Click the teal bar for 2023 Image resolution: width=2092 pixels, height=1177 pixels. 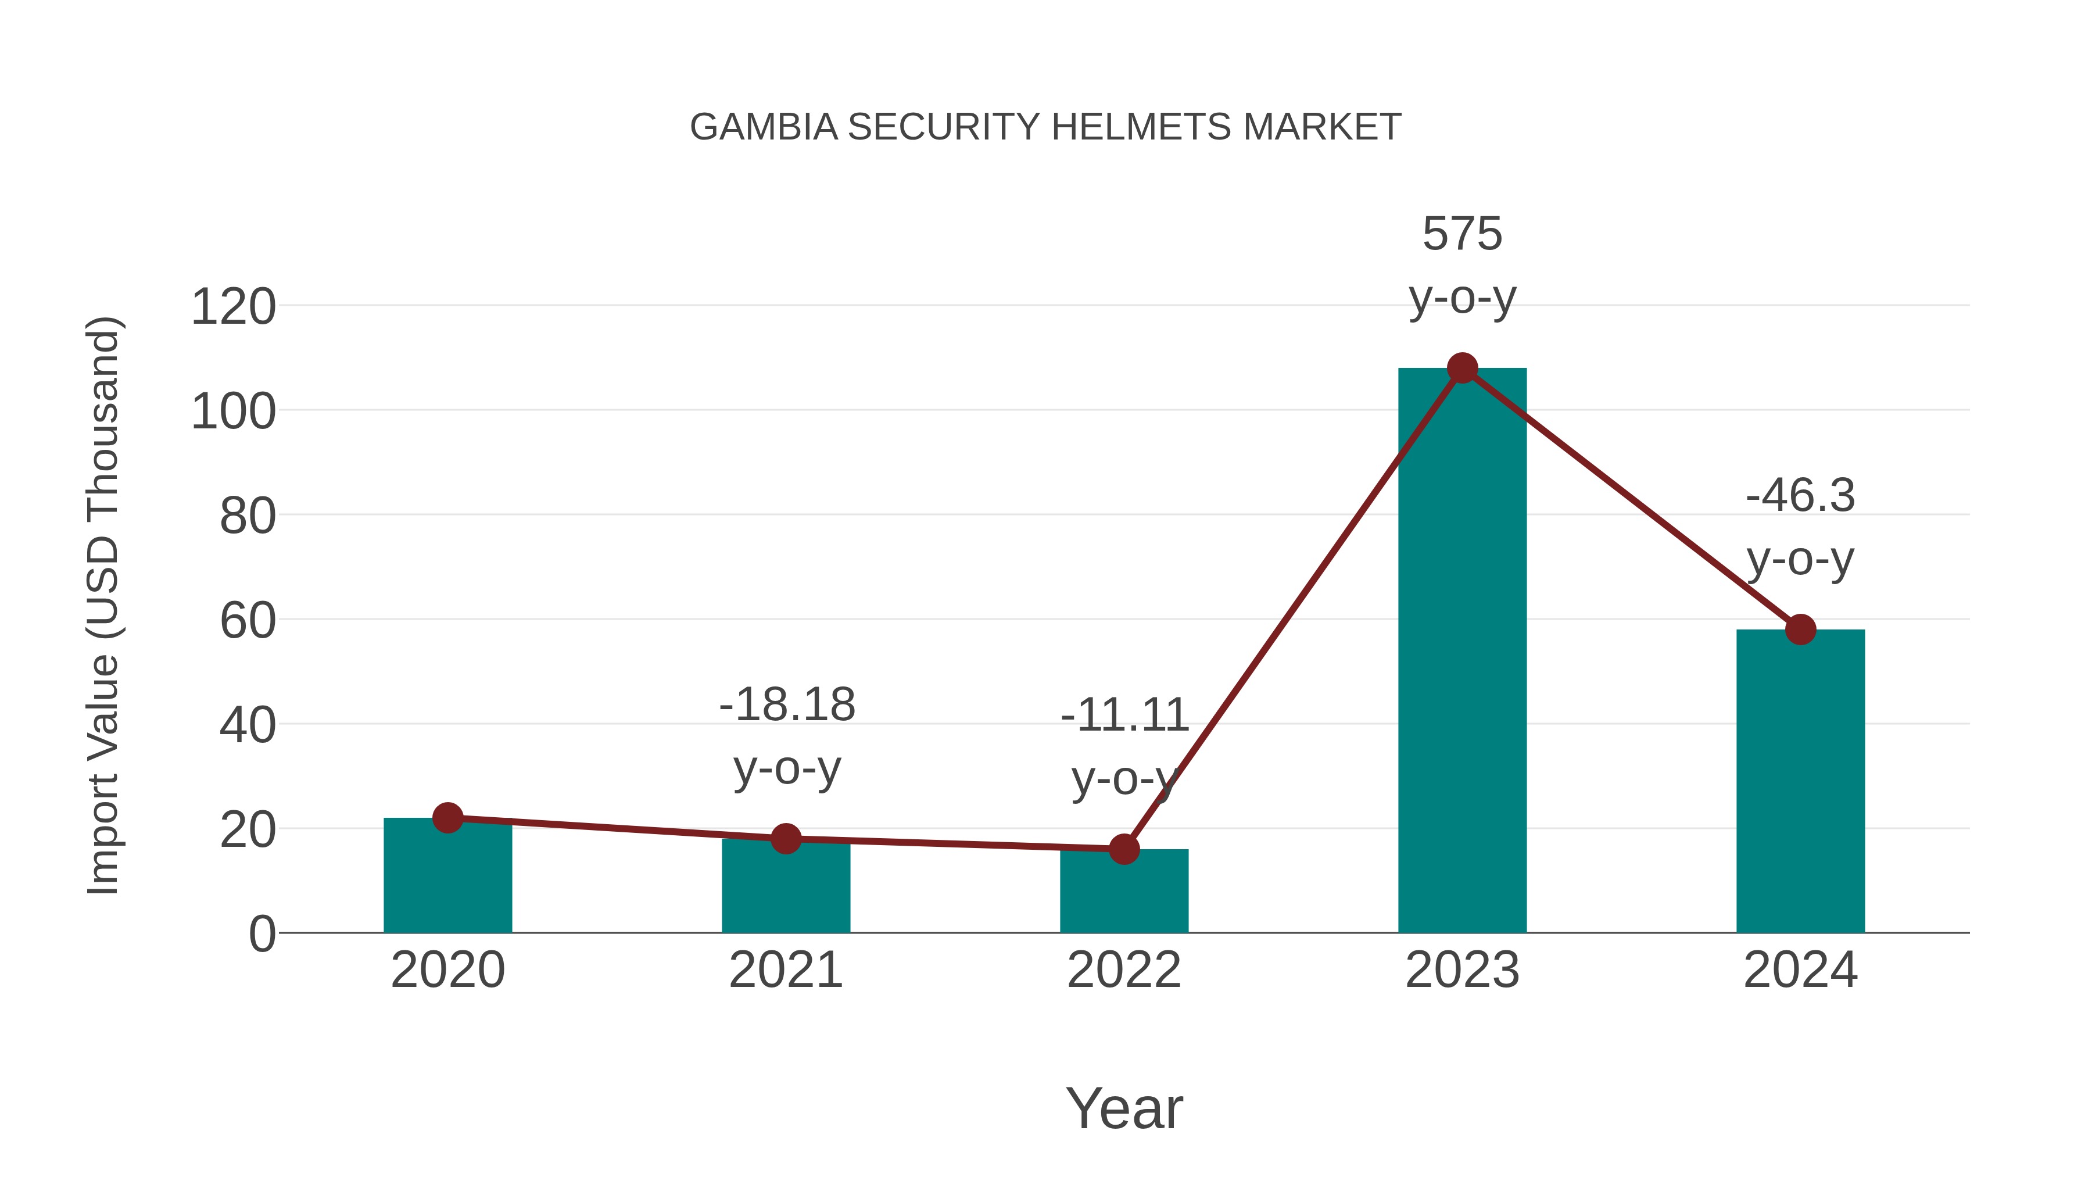[x=1462, y=650]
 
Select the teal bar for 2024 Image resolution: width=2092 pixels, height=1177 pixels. [x=1800, y=781]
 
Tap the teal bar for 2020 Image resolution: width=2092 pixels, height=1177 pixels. [x=447, y=877]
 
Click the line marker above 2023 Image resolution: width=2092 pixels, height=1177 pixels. [x=1462, y=368]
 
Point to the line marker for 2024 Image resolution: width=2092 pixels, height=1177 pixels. [x=1800, y=629]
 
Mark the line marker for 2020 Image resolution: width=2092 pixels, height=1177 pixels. [x=447, y=817]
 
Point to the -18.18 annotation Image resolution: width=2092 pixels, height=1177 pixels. [x=786, y=704]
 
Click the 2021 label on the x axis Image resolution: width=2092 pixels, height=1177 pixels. [x=785, y=970]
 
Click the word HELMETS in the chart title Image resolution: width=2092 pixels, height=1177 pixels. [x=1141, y=127]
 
